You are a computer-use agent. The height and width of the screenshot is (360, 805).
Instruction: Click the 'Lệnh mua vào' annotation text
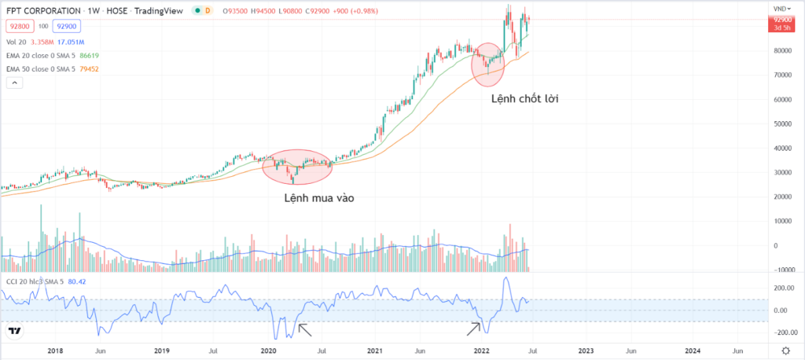[319, 198]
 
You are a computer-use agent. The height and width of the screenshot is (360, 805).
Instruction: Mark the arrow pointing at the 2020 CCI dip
[303, 329]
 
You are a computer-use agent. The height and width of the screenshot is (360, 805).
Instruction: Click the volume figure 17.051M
[71, 42]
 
